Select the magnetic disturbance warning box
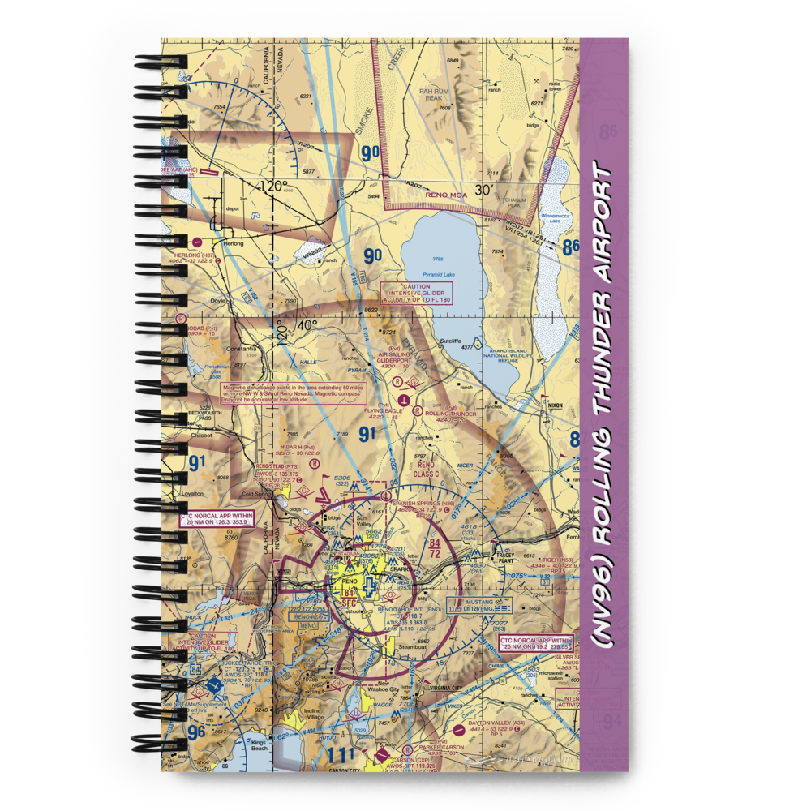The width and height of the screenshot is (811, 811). (x=294, y=394)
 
